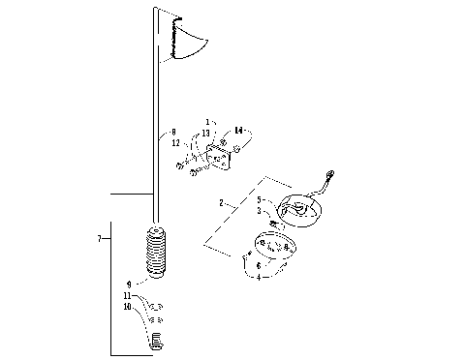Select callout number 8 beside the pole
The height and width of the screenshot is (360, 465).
coord(173,132)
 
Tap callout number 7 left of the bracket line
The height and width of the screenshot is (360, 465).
coord(100,236)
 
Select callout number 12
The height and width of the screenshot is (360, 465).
coord(175,143)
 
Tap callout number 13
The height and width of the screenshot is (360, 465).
coord(206,133)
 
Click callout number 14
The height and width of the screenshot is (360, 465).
coord(238,130)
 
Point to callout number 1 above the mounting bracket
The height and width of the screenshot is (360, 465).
coord(206,123)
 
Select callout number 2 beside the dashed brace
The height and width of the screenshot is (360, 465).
coord(221,203)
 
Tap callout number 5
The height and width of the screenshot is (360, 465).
coord(260,200)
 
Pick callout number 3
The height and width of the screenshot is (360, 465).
coord(260,210)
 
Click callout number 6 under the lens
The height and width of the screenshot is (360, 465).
coord(258,264)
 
